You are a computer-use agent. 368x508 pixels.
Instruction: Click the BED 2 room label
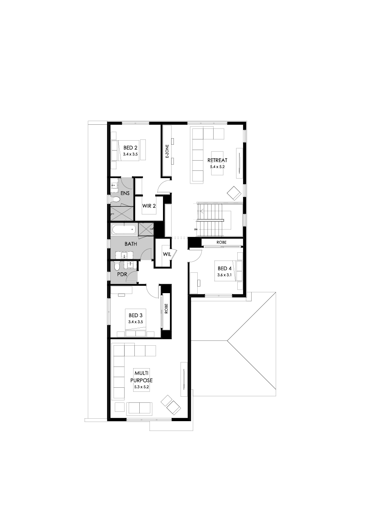[130, 148]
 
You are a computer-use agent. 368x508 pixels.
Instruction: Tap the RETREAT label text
[217, 160]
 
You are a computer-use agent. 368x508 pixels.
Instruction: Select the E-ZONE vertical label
[167, 151]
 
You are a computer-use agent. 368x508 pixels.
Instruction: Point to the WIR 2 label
[149, 206]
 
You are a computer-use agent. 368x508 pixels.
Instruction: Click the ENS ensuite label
[125, 193]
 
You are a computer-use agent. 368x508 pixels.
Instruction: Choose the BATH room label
[131, 244]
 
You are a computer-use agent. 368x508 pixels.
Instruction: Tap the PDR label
[122, 274]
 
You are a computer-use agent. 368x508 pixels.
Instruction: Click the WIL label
[166, 254]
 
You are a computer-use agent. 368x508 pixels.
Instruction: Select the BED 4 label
[225, 268]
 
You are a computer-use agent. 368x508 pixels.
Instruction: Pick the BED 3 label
[136, 315]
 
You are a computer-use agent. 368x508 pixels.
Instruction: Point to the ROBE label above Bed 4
[222, 242]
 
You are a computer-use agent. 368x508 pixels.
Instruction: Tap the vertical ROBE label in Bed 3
[167, 309]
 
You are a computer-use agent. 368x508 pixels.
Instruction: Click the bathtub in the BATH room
[124, 230]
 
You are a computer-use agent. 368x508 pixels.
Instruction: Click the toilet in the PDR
[117, 267]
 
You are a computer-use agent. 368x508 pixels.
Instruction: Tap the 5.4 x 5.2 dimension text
[217, 166]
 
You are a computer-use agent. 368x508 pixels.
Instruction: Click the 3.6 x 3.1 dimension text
[225, 274]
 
